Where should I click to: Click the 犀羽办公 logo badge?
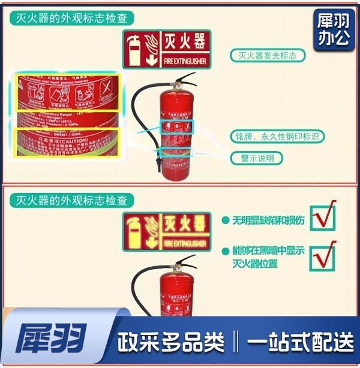[x=333, y=29]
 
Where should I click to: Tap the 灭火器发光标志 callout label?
[x=268, y=56]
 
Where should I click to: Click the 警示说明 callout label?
[x=257, y=158]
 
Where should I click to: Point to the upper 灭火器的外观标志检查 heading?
[x=72, y=19]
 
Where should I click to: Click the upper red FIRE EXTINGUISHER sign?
[x=167, y=49]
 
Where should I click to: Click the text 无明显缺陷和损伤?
[x=268, y=220]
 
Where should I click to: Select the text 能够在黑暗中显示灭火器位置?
[x=268, y=257]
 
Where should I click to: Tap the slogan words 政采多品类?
[x=171, y=342]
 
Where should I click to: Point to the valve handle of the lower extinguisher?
[x=183, y=262]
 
